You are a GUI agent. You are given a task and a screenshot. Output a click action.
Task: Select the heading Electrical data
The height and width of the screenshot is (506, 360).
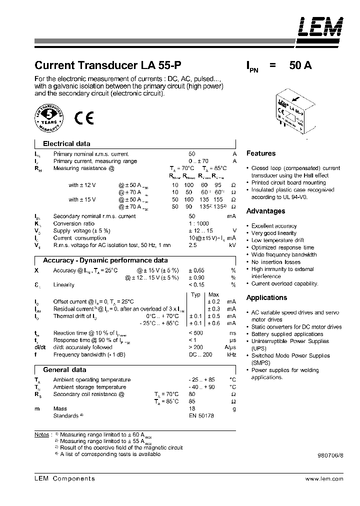66,143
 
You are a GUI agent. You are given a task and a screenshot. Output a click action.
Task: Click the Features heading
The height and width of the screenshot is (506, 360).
260,153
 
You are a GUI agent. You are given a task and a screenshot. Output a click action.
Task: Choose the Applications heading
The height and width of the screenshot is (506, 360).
266,297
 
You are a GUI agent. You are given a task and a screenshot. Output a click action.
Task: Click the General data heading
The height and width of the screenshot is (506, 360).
64,369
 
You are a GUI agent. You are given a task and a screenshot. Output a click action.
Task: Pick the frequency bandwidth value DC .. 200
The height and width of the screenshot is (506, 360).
200,354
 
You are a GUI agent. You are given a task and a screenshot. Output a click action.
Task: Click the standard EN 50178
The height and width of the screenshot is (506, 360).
201,416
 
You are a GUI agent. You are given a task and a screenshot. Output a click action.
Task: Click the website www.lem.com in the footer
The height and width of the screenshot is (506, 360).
323,478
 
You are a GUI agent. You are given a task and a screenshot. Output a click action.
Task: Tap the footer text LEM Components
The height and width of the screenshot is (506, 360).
64,478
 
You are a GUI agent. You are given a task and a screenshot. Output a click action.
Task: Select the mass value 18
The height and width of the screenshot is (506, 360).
191,408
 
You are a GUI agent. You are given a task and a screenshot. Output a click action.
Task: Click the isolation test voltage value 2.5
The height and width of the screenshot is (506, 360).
192,245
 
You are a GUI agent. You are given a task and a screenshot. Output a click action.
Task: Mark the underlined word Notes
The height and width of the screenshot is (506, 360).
41,434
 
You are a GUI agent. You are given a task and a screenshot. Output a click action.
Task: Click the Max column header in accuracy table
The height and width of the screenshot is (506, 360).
213,294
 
